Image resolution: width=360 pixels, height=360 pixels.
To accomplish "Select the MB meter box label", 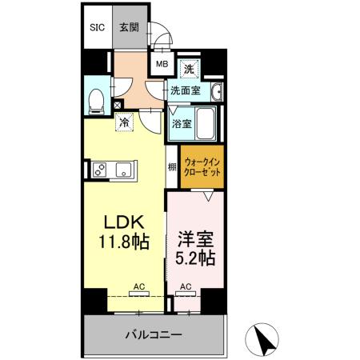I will (161, 65).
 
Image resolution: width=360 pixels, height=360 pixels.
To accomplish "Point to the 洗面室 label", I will (185, 90).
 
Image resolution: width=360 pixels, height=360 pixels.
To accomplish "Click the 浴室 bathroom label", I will (182, 124).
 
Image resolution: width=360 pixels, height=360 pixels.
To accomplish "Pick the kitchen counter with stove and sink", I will (113, 169).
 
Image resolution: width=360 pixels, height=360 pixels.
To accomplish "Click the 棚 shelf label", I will (172, 168).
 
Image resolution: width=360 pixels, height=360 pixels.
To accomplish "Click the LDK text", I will (118, 223).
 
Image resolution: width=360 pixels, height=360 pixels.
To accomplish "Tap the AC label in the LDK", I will (138, 286).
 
